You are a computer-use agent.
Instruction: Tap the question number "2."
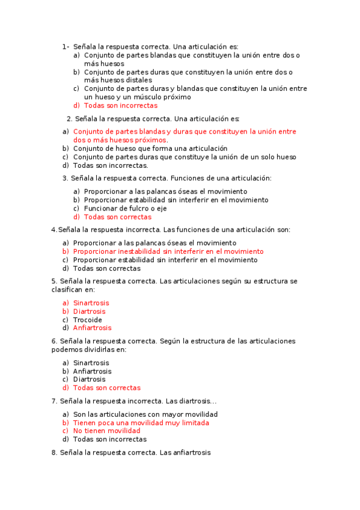click(70, 118)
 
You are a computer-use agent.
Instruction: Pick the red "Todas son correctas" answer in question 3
click(117, 217)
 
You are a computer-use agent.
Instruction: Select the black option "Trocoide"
click(88, 320)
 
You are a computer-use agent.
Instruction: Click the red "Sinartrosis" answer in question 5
click(91, 303)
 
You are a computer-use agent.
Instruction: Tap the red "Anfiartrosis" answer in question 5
click(92, 328)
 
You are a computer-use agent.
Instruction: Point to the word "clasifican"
click(69, 290)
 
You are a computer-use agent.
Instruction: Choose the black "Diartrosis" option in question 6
click(89, 379)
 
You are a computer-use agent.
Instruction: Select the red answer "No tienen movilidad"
click(106, 431)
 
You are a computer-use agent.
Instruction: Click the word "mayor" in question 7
click(175, 414)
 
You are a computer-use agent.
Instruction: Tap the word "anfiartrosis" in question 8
click(192, 452)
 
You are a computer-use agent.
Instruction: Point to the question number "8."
click(55, 452)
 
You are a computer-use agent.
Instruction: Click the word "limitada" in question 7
click(196, 423)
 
